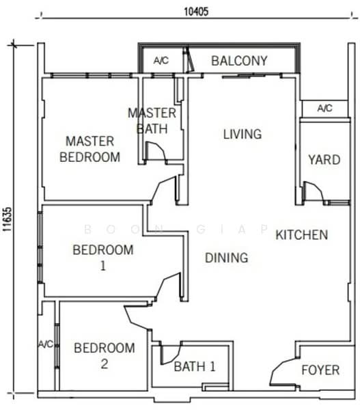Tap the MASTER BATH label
[x=152, y=120]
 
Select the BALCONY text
[x=239, y=61]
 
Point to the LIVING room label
[x=243, y=135]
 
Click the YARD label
[x=324, y=160]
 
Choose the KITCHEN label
[x=302, y=235]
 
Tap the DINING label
[x=227, y=258]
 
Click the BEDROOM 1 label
[x=103, y=257]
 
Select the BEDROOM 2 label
[x=104, y=356]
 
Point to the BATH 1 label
[x=195, y=367]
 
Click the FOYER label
[x=320, y=370]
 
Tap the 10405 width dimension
[x=196, y=11]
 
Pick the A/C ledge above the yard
[x=325, y=108]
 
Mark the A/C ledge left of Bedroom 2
[x=46, y=344]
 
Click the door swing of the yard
[x=312, y=192]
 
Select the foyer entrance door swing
[x=281, y=373]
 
